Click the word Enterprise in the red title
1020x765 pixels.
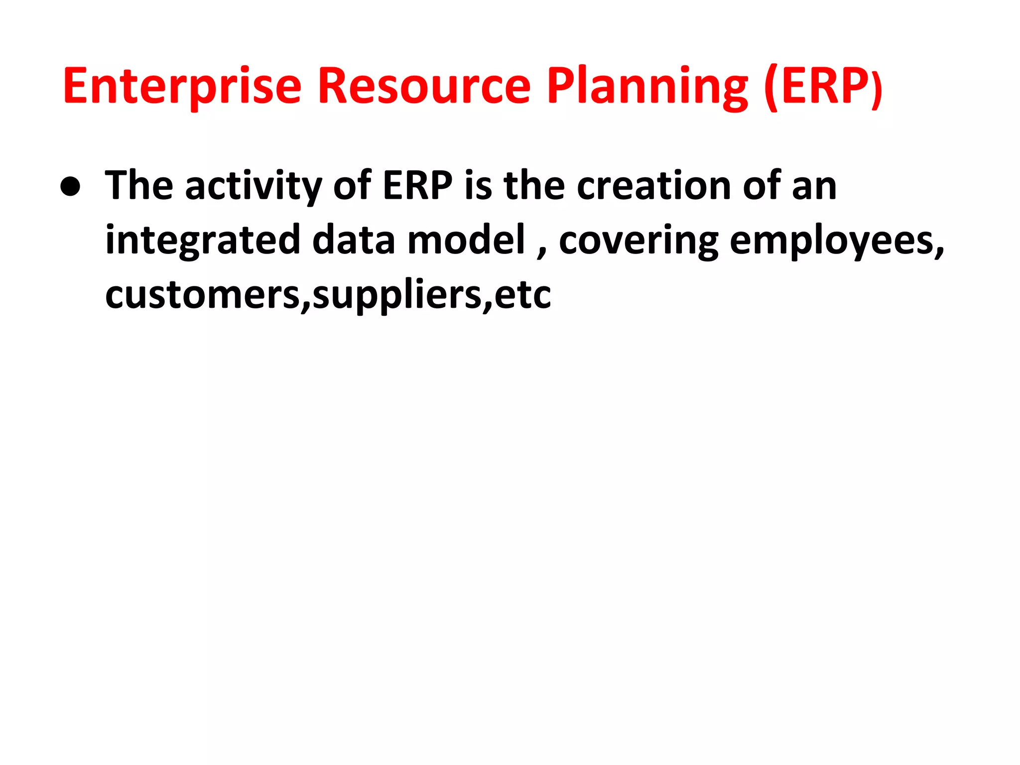point(182,87)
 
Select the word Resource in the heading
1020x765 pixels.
point(424,87)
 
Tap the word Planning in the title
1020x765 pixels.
point(647,87)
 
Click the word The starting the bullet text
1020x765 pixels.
point(139,185)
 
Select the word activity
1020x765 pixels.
point(253,186)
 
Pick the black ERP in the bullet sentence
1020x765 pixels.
point(417,185)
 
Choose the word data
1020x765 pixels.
point(353,240)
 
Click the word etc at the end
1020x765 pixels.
point(522,295)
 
